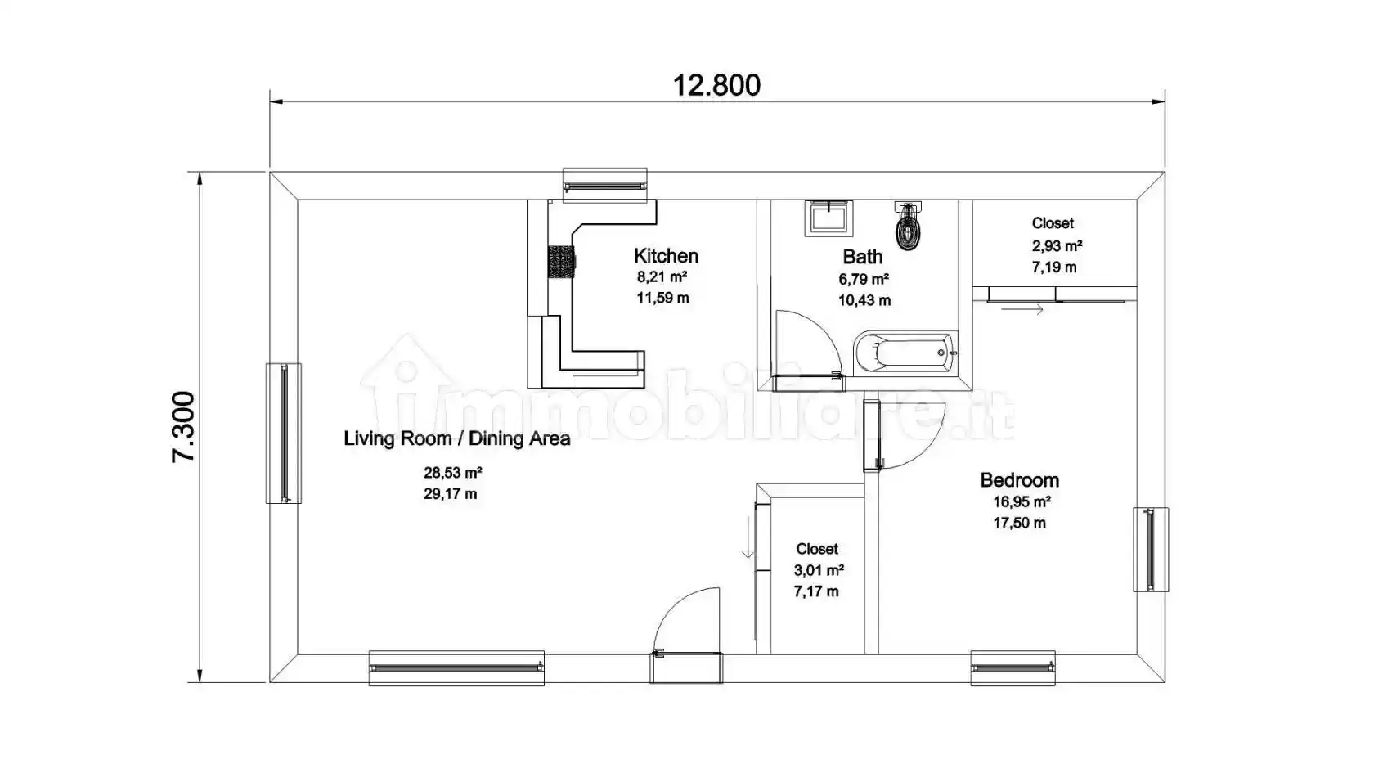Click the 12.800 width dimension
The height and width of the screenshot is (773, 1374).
tap(716, 85)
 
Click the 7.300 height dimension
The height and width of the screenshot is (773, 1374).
tap(183, 426)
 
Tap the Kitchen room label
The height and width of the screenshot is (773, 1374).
tap(666, 256)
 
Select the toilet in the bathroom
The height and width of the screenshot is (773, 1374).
tap(909, 227)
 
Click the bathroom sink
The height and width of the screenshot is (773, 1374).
tap(828, 218)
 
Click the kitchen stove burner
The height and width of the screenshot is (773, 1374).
tap(561, 263)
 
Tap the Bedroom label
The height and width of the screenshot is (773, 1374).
tap(1019, 480)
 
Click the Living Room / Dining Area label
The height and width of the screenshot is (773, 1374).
tap(456, 438)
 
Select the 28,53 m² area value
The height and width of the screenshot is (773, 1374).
tap(452, 472)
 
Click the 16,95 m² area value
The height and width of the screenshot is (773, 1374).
tap(1022, 501)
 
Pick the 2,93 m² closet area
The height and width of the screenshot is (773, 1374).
tap(1057, 245)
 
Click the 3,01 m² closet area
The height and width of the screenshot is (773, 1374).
tap(819, 570)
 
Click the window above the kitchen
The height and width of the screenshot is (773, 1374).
tap(605, 186)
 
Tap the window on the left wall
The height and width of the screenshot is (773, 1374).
tap(284, 433)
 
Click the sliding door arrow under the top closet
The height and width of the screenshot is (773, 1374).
tap(1022, 310)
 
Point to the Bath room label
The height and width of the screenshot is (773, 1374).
tap(863, 257)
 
